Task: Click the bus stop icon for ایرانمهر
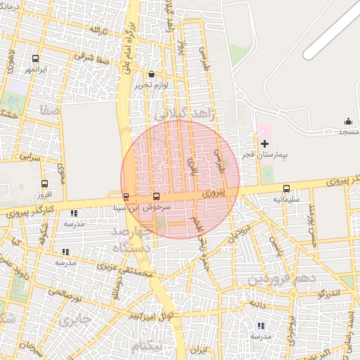click(x=36, y=59)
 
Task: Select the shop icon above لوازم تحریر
click(x=152, y=74)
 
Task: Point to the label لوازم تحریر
click(x=152, y=84)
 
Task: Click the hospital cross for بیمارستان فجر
click(x=264, y=143)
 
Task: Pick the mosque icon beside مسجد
click(x=347, y=122)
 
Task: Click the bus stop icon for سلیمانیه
click(x=286, y=188)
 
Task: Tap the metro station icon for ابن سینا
click(x=126, y=197)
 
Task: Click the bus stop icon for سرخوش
click(x=156, y=197)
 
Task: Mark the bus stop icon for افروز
click(x=44, y=184)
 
